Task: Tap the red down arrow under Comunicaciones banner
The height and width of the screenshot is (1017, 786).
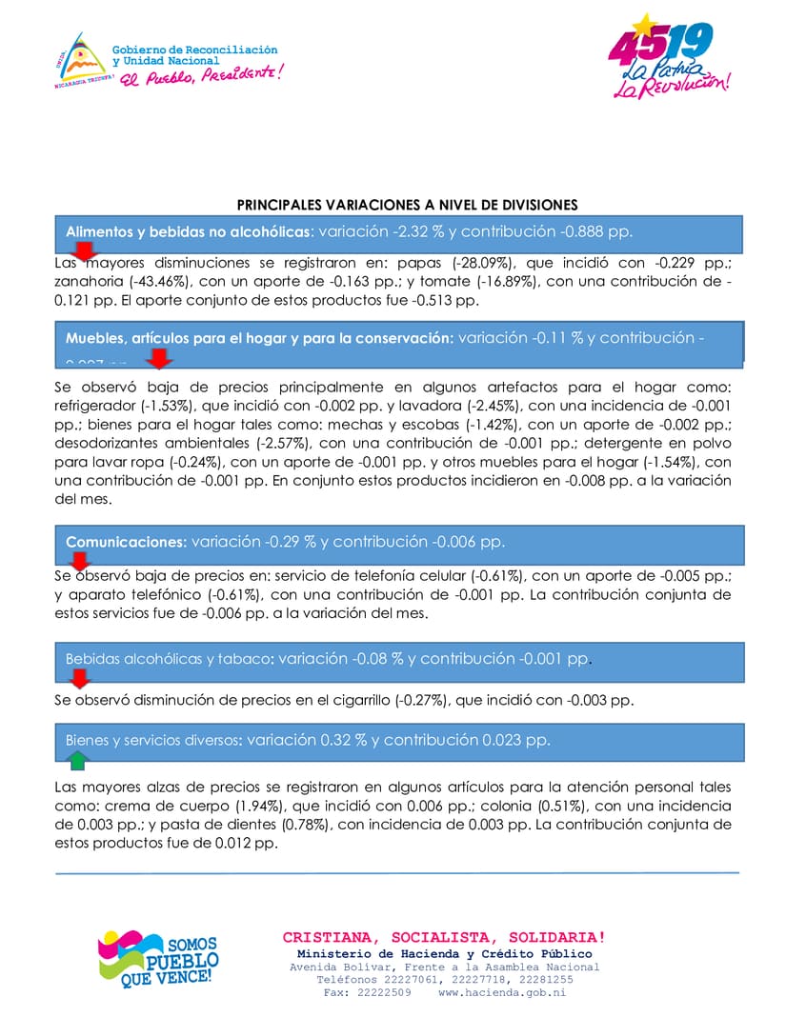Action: [x=81, y=561]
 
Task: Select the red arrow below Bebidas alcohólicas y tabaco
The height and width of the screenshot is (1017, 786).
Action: [x=81, y=678]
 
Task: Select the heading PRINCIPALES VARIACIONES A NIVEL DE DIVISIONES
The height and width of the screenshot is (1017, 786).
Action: [x=407, y=205]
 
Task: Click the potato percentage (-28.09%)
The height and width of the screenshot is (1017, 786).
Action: [x=477, y=263]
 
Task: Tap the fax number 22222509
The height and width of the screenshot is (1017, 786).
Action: [x=384, y=992]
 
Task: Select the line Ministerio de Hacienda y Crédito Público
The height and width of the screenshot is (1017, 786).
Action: [x=444, y=953]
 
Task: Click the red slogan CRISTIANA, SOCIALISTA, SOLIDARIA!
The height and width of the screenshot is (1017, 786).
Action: [x=444, y=937]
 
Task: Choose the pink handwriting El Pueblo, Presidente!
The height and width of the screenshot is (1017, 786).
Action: [x=201, y=74]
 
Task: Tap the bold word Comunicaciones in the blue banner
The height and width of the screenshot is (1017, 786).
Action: [x=126, y=542]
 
